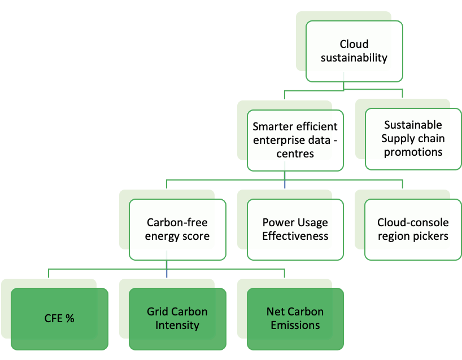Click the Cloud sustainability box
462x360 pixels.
(x=354, y=51)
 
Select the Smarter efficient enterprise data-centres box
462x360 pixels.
(x=295, y=141)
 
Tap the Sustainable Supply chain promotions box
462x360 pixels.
(x=413, y=139)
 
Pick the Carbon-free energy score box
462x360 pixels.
(x=177, y=230)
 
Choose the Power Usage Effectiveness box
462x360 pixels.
(x=295, y=230)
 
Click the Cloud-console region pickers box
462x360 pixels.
(x=413, y=230)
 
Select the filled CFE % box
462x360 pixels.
(x=59, y=319)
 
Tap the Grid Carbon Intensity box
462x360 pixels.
(x=177, y=319)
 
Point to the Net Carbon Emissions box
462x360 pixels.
(x=295, y=319)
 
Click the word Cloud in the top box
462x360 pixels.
(x=354, y=44)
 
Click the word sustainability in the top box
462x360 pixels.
(x=354, y=58)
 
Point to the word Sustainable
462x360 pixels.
(x=413, y=125)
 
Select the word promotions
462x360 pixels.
(x=413, y=152)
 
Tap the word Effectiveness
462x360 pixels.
(x=295, y=236)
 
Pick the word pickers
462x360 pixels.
(x=432, y=236)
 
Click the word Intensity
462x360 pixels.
(x=177, y=325)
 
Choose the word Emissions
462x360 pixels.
(x=295, y=325)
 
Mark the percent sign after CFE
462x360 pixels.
(x=70, y=318)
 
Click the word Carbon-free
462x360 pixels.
(x=177, y=222)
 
